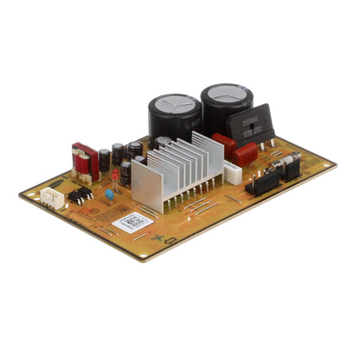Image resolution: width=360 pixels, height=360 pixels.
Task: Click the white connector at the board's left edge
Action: pos(53,199)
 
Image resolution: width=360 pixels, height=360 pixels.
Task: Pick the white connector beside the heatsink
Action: pos(232,171)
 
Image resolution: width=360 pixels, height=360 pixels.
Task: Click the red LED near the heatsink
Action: pos(115,174)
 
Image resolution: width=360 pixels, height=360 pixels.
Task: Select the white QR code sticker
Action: pos(132,222)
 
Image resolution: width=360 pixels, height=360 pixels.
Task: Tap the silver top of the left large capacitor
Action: pos(175,104)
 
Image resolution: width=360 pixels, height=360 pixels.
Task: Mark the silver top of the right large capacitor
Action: pos(228,93)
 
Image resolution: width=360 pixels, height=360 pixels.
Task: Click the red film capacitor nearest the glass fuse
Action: pos(244,154)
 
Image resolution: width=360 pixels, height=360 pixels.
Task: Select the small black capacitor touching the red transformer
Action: pos(104,159)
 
